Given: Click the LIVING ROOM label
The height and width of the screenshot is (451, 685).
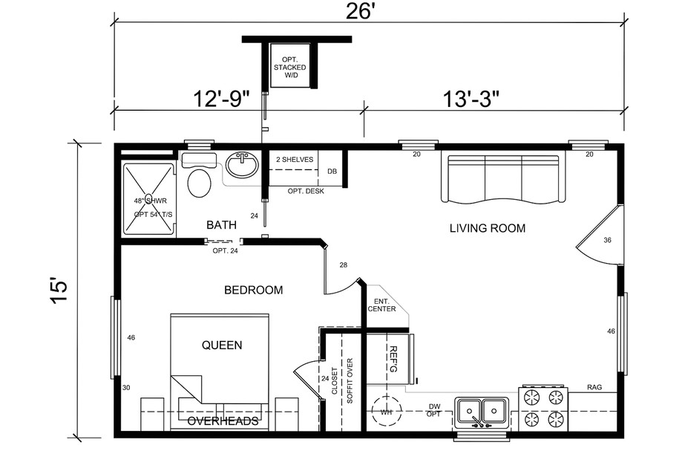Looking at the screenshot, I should [487, 228].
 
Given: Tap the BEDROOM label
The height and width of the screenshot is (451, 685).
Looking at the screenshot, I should [253, 290].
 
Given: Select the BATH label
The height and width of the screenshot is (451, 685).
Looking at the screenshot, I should [221, 224].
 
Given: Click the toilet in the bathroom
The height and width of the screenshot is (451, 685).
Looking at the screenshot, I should [200, 183].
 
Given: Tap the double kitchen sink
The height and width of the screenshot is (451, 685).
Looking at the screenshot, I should [482, 410].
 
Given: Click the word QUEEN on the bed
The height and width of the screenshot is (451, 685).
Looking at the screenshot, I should [222, 345].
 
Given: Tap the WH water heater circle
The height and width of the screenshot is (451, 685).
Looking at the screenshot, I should [386, 411].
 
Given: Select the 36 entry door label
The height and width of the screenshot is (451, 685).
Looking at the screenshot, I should [606, 240].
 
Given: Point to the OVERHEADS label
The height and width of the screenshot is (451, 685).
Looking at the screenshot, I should [223, 421].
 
